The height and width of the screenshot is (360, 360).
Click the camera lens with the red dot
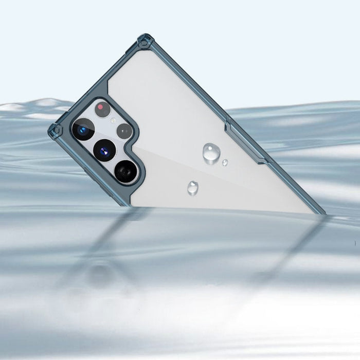[x=103, y=109]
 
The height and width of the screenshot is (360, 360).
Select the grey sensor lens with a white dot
[x=124, y=131]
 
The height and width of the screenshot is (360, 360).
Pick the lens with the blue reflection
[x=82, y=129]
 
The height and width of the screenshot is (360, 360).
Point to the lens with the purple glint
[x=104, y=150]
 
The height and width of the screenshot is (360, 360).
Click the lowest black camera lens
[x=125, y=171]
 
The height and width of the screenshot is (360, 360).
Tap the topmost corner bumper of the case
[x=145, y=41]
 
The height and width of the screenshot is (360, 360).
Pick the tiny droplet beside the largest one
[x=225, y=163]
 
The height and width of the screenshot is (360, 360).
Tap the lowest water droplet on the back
[x=193, y=188]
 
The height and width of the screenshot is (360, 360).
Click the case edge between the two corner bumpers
[x=98, y=82]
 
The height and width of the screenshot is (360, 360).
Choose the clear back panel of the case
[x=206, y=113]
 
